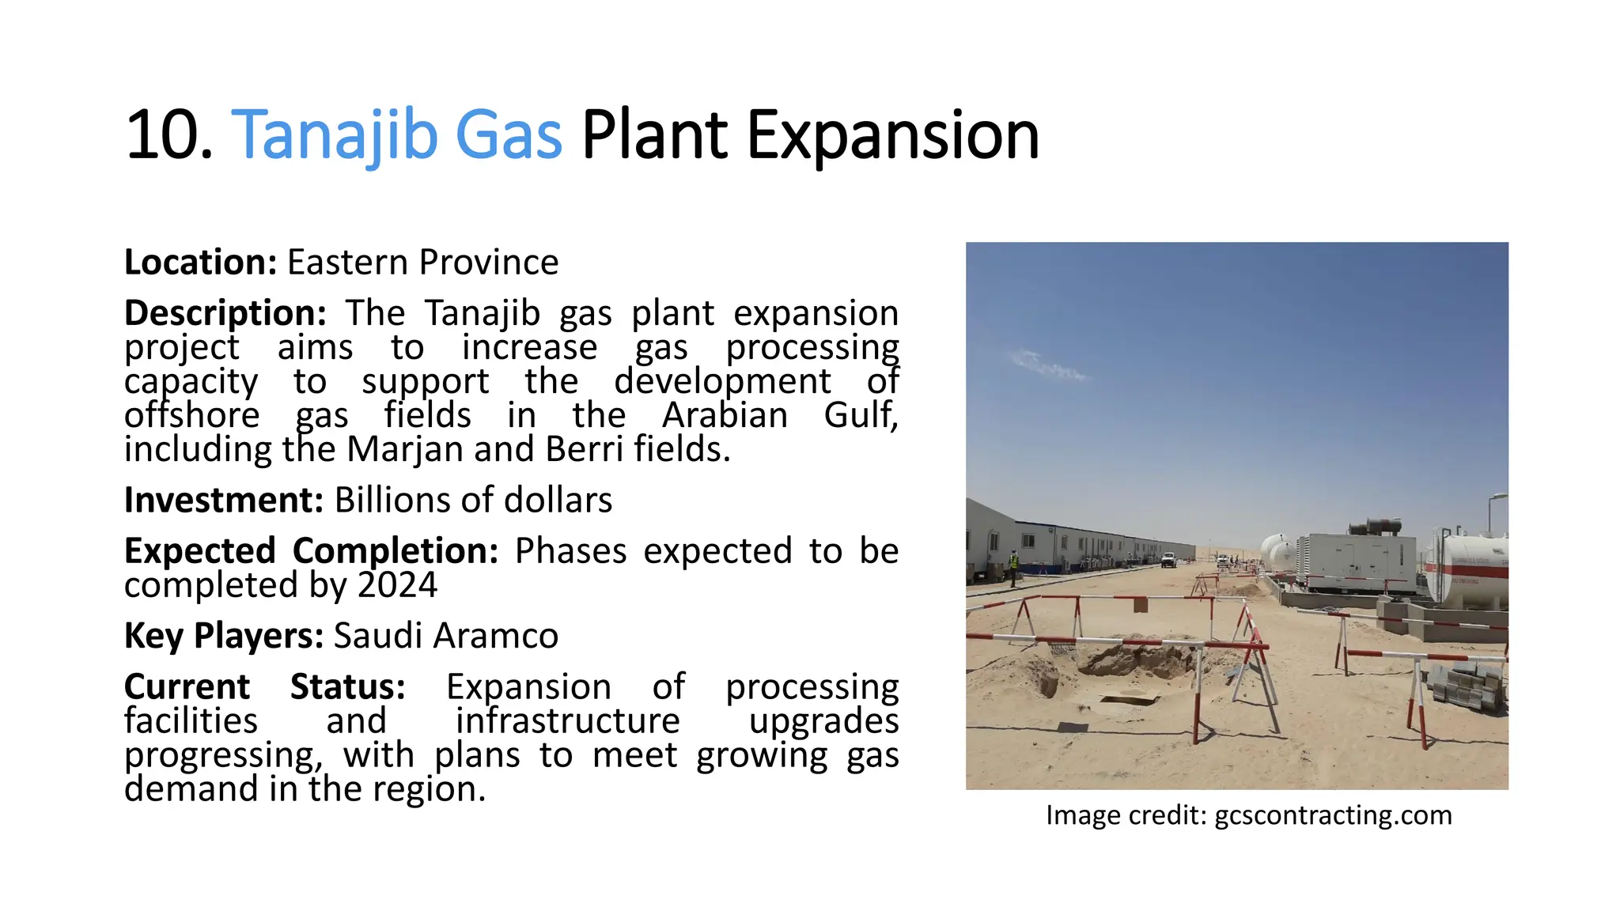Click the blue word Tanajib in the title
click(x=335, y=136)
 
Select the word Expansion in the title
click(x=892, y=136)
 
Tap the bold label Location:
click(x=200, y=263)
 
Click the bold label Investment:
click(x=223, y=501)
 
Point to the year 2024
click(x=397, y=586)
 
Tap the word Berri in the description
click(x=584, y=450)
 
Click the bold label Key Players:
click(x=223, y=636)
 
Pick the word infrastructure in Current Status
click(x=567, y=721)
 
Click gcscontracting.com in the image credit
click(x=1333, y=815)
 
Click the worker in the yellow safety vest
click(x=1013, y=563)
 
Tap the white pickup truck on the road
click(x=1168, y=560)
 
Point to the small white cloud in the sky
click(x=1048, y=365)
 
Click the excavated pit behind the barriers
click(x=1131, y=660)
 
